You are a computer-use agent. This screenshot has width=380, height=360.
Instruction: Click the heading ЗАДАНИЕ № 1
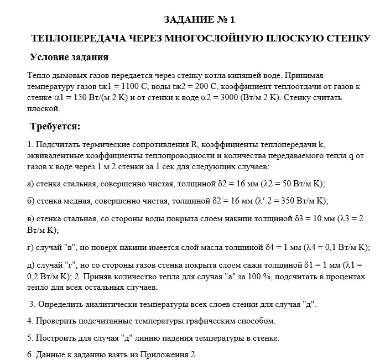(x=200, y=20)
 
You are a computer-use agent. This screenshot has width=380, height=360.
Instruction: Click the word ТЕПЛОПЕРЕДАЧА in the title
(x=77, y=39)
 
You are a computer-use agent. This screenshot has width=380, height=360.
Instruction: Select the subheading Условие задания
(x=69, y=58)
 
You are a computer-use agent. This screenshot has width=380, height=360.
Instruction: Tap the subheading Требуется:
(x=55, y=127)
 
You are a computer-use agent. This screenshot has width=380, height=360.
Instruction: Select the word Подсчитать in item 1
(x=58, y=145)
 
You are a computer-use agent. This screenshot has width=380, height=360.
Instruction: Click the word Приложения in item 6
(x=160, y=354)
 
